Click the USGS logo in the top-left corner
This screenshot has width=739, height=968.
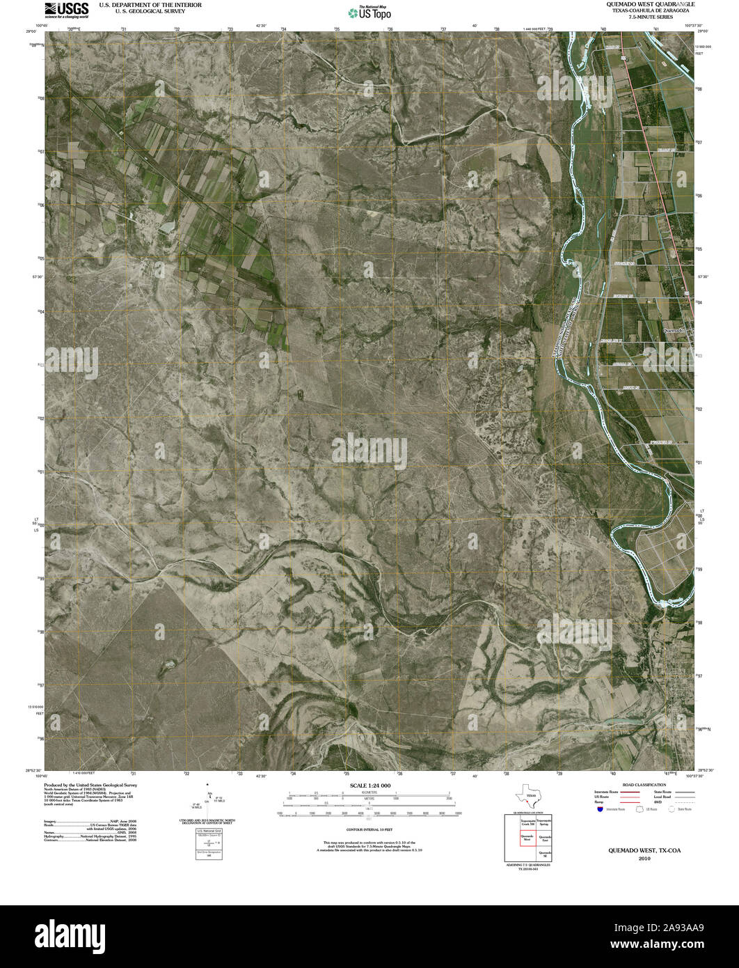click(66, 8)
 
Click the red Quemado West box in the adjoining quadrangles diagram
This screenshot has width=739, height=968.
click(527, 837)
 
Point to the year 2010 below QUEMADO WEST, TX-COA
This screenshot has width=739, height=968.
click(644, 858)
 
